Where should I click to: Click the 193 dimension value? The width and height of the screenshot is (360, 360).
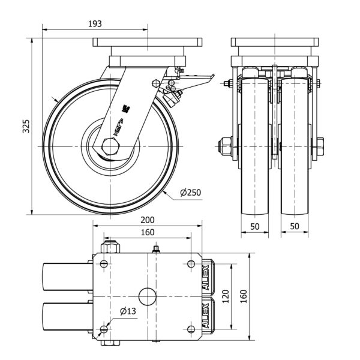click(95, 23)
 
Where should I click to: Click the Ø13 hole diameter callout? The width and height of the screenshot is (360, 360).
click(127, 311)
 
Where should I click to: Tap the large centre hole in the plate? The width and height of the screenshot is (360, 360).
click(147, 296)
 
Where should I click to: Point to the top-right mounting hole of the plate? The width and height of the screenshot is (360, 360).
click(191, 264)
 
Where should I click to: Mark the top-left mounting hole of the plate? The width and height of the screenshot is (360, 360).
click(105, 264)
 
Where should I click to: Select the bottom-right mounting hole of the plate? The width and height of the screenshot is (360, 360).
click(191, 328)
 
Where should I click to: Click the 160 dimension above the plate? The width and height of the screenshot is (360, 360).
click(147, 232)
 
